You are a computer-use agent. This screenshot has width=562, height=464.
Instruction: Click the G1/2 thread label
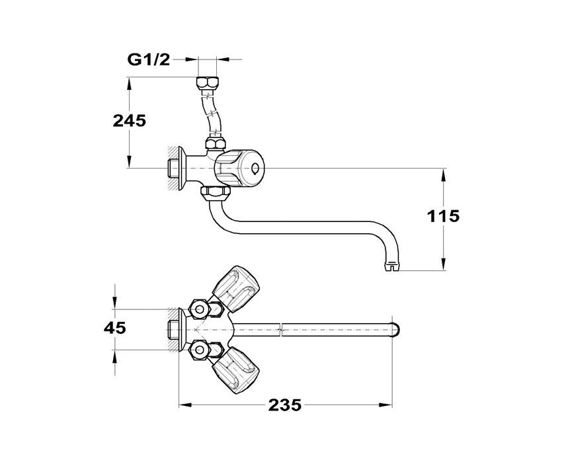coord(148,59)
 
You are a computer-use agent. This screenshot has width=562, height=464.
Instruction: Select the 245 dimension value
coord(130,121)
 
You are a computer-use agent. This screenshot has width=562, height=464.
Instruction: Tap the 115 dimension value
coord(443,216)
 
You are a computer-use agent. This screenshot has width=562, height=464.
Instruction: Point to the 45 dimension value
coord(115,328)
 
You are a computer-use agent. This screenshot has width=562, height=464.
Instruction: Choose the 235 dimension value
coord(285,405)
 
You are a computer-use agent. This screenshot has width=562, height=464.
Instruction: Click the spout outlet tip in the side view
coord(393,267)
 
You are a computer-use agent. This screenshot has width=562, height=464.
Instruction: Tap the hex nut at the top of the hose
coord(208,84)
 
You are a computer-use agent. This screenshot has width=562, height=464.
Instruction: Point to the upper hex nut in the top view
coord(199,309)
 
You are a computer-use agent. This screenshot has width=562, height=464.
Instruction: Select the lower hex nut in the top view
coord(199,350)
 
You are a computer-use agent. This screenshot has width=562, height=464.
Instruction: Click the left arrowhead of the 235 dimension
coord(184,405)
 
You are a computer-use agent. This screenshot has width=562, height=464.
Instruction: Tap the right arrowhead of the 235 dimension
coord(385,405)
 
